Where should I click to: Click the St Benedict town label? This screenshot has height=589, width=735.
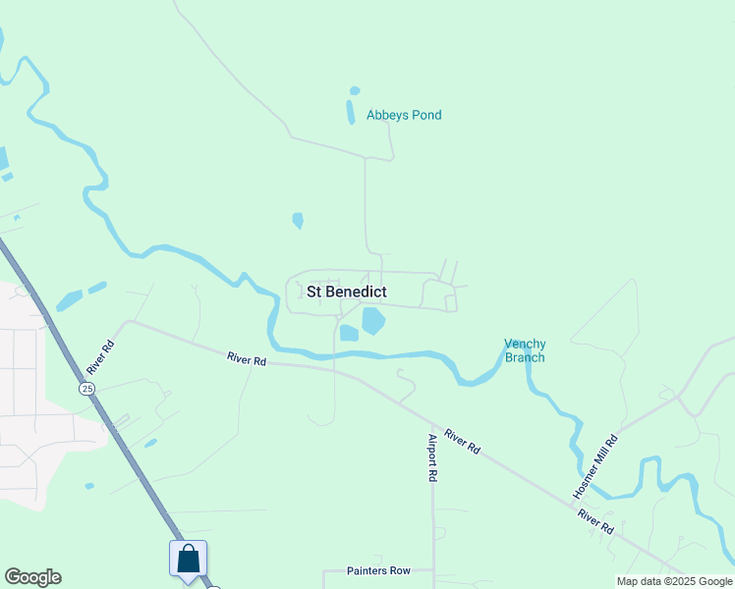(347, 292)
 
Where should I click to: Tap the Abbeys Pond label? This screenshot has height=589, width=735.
(404, 115)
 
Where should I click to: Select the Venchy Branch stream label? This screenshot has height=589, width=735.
(525, 350)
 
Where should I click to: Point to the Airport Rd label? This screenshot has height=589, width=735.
(431, 457)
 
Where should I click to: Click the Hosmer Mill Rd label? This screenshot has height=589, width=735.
(595, 466)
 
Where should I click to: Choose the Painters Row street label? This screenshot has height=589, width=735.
(378, 570)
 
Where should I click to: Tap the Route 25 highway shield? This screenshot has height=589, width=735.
(88, 389)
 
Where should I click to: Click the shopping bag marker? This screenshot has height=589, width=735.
(188, 560)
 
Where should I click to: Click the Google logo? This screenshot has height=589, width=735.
(32, 577)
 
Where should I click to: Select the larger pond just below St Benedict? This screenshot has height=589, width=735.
(373, 320)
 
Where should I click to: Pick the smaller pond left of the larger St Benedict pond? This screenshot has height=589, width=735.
(349, 333)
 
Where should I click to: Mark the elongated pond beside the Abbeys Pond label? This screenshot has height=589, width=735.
(351, 112)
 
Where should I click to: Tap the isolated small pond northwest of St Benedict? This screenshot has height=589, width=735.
(298, 221)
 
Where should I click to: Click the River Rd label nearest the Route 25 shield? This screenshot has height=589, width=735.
(95, 357)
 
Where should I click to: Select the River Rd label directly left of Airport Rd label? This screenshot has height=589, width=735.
(246, 360)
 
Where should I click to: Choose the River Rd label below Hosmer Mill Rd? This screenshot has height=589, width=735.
(595, 520)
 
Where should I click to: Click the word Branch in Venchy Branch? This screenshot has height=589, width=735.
(525, 357)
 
